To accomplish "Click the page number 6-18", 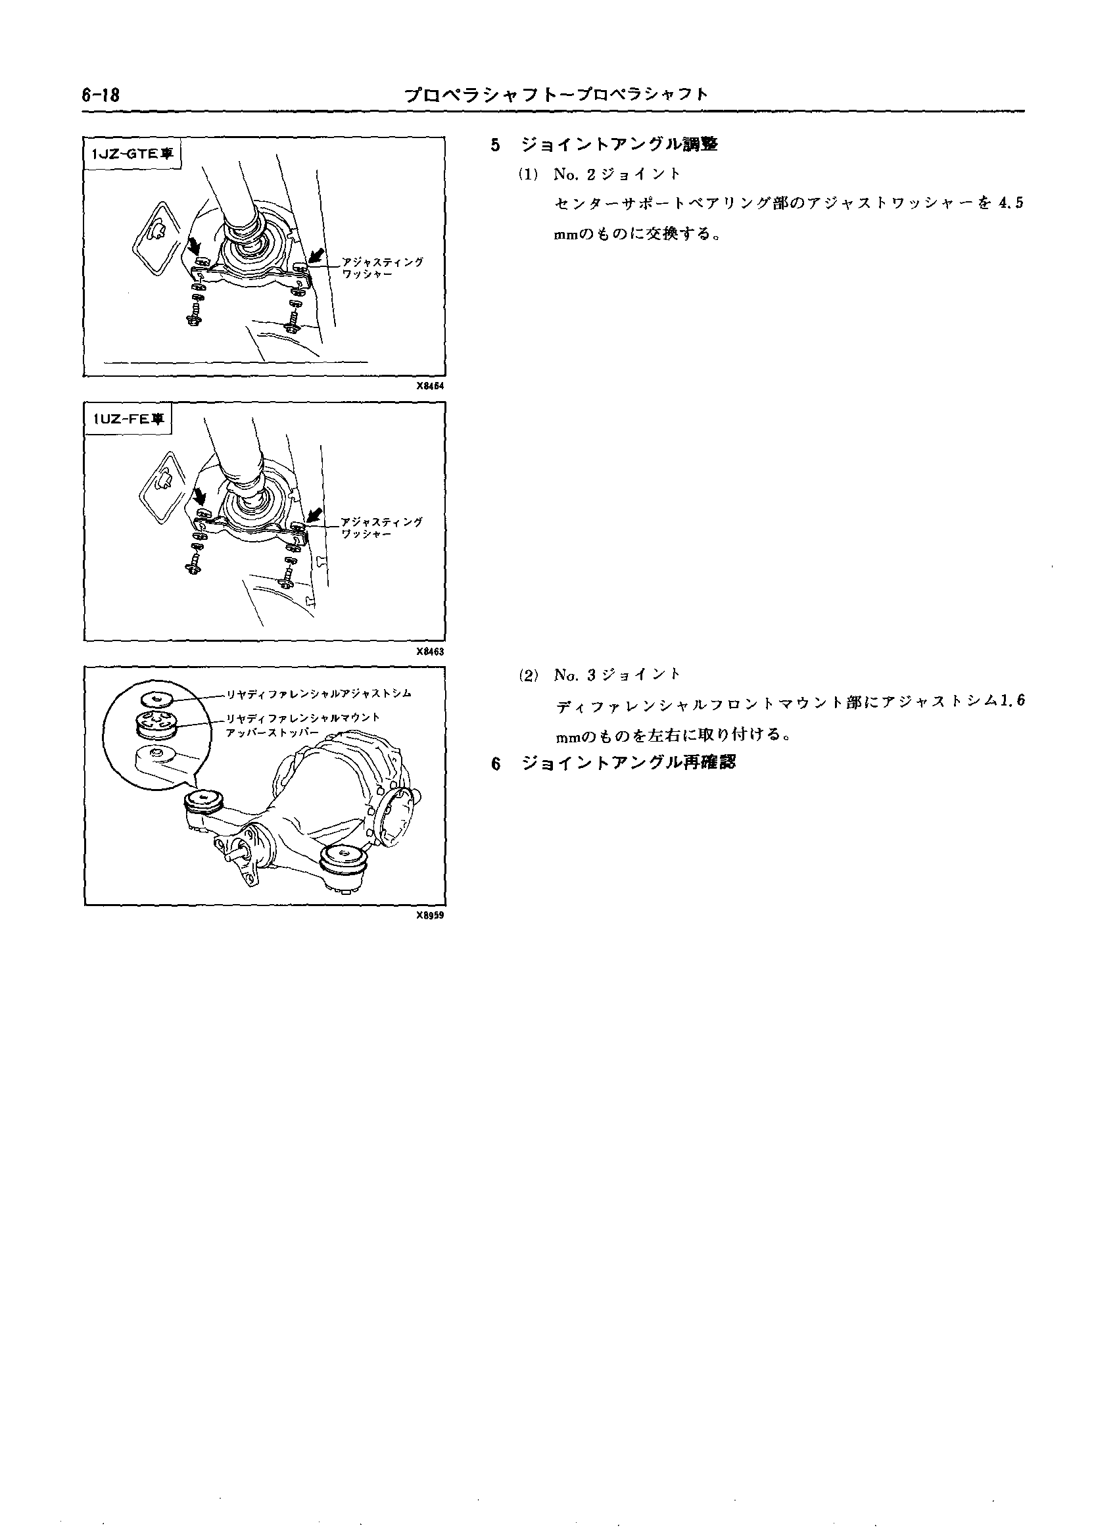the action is pyautogui.click(x=101, y=95).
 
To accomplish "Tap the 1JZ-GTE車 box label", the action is pyautogui.click(x=132, y=154).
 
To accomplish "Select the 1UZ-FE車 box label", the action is pyautogui.click(x=128, y=419).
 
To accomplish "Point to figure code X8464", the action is pyautogui.click(x=431, y=387).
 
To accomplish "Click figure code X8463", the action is pyautogui.click(x=431, y=652).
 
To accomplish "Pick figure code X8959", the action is pyautogui.click(x=431, y=915).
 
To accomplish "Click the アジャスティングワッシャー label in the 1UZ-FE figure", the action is pyautogui.click(x=382, y=527).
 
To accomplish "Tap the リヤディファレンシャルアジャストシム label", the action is pyautogui.click(x=319, y=693).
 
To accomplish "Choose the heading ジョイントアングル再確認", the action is pyautogui.click(x=629, y=763).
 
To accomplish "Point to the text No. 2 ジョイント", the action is pyautogui.click(x=617, y=174).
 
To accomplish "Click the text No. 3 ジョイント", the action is pyautogui.click(x=617, y=675).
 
